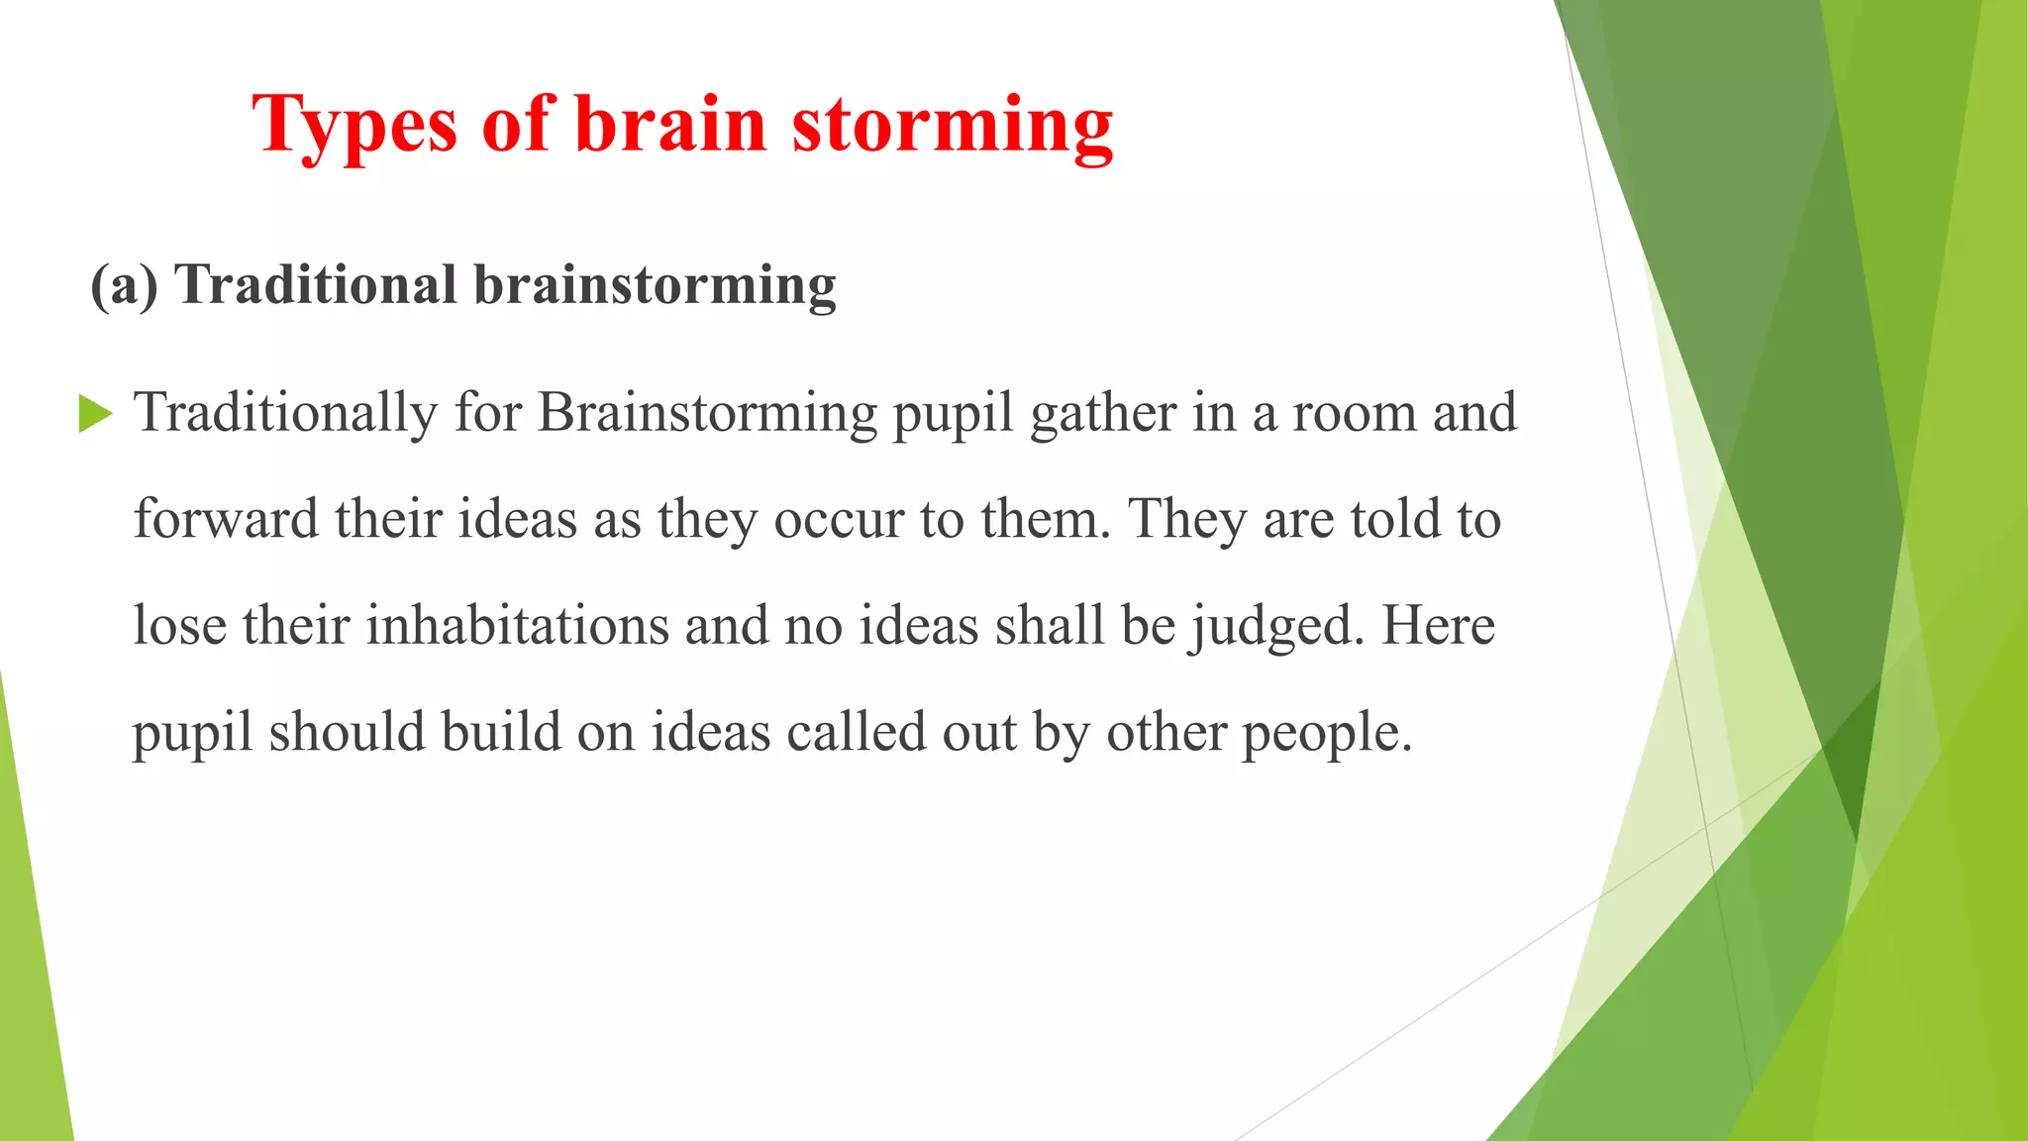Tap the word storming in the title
pyautogui.click(x=953, y=126)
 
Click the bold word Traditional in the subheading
pyautogui.click(x=316, y=285)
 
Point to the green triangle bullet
pyautogui.click(x=95, y=413)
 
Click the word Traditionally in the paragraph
pyautogui.click(x=285, y=413)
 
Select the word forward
pyautogui.click(x=226, y=519)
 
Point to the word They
pyautogui.click(x=1187, y=519)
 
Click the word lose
pyautogui.click(x=179, y=626)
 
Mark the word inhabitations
pyautogui.click(x=518, y=626)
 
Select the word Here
pyautogui.click(x=1438, y=626)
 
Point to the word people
pyautogui.click(x=1327, y=733)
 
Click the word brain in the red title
pyautogui.click(x=670, y=126)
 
